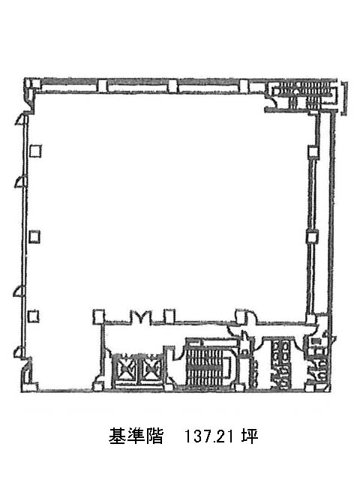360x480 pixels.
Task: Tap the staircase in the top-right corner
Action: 304,94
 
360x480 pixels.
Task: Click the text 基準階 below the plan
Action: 136,436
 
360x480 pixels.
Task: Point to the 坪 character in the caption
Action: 250,436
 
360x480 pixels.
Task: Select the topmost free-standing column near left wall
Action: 35,151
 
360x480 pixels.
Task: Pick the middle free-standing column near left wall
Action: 34,237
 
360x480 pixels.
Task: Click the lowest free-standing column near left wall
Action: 33,316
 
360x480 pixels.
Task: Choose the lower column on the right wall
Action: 312,237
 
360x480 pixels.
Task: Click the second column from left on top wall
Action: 102,85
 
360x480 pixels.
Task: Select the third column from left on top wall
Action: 172,85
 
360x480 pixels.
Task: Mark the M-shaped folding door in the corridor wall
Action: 141,317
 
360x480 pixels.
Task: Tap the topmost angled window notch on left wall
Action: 21,120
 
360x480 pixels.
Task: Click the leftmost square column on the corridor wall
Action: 98,316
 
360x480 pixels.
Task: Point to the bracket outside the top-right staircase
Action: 345,98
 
